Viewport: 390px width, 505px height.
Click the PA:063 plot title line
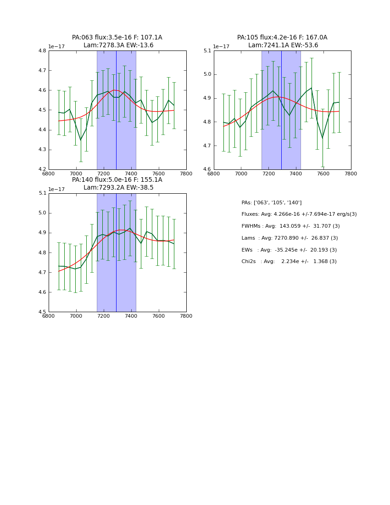click(117, 38)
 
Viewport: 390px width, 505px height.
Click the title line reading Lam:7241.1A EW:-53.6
click(283, 45)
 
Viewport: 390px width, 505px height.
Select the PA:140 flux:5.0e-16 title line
click(117, 180)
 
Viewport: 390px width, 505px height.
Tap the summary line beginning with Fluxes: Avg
click(299, 214)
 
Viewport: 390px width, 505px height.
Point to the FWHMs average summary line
click(290, 226)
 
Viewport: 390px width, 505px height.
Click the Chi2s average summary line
click(289, 262)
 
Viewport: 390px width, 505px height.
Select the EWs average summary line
click(289, 250)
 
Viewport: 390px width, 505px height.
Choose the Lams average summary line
click(290, 238)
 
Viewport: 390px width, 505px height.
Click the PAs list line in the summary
click(272, 203)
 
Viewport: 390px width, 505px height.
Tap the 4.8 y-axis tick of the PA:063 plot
click(42, 51)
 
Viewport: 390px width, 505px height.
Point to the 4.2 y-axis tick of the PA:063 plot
click(42, 169)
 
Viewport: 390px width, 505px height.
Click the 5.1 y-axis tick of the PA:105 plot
click(207, 51)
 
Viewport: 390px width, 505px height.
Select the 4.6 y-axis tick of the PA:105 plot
click(207, 169)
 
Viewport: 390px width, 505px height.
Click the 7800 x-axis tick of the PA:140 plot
click(186, 316)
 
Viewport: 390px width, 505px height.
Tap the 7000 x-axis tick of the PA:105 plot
click(241, 174)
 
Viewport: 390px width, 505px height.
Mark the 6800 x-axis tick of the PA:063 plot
click(49, 174)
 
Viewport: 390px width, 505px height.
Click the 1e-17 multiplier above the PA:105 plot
click(222, 47)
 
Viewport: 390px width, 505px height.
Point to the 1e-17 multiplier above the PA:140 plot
click(56, 189)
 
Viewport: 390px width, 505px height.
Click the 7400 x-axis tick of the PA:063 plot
click(131, 174)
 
